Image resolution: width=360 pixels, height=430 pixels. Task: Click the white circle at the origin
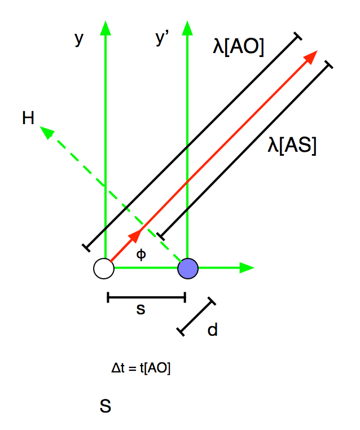(x=104, y=268)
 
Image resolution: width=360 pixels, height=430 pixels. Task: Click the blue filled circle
(x=188, y=268)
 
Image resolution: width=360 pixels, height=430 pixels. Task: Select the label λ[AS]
(x=292, y=146)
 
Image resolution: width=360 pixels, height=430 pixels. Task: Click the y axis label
(x=79, y=38)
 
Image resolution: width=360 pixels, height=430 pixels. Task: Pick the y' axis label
(x=162, y=38)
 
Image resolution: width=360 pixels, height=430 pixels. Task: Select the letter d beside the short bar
(x=212, y=330)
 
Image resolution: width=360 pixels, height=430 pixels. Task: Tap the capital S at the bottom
(x=105, y=406)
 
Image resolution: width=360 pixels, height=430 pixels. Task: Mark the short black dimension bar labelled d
(x=196, y=317)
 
